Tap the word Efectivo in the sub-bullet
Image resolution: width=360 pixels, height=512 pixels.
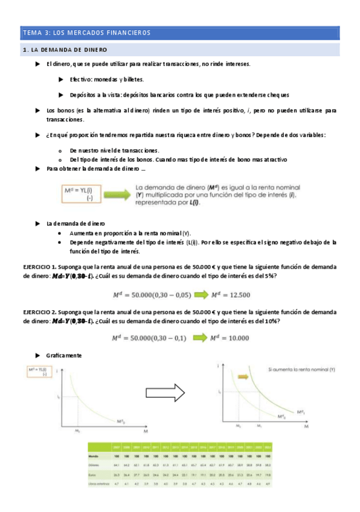point(80,79)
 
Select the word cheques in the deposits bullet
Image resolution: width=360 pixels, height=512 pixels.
point(277,95)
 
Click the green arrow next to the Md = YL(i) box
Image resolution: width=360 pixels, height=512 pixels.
point(118,194)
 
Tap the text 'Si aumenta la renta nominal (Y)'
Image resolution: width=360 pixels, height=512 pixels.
point(301,369)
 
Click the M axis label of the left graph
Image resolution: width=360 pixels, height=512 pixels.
point(144,433)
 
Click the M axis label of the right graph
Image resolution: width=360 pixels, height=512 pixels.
point(306,426)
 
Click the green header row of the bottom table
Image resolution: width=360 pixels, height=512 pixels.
point(179,446)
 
